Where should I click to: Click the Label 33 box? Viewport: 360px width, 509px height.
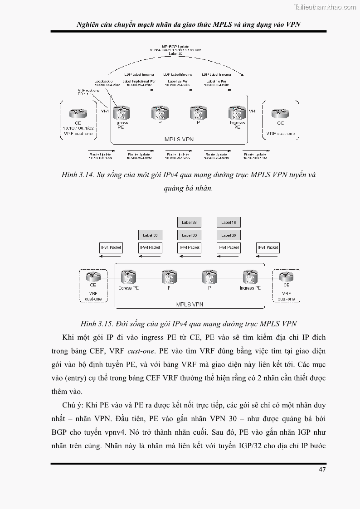[189, 223]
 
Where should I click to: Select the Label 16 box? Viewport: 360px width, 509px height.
[229, 223]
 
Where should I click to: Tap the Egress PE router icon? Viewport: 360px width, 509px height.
[127, 276]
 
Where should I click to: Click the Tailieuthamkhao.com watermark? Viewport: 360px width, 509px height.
[325, 7]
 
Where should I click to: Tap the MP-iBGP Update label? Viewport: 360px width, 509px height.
[175, 46]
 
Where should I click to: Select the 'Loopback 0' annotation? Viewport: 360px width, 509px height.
[104, 81]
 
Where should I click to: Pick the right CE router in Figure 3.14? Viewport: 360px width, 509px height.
[280, 113]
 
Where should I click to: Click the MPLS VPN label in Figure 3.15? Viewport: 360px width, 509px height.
[190, 305]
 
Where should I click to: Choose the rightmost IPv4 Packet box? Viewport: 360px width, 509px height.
[268, 247]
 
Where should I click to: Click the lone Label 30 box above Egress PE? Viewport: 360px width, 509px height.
[150, 235]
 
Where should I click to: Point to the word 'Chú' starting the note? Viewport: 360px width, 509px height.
[68, 405]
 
